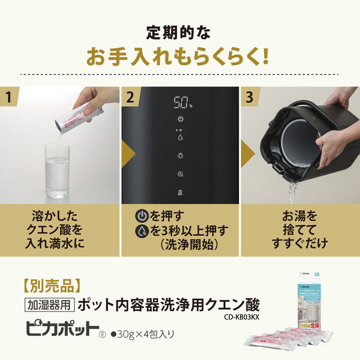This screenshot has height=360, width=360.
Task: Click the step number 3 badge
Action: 250,96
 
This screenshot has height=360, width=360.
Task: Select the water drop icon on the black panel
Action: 181,137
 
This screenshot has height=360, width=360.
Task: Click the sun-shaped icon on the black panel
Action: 181,155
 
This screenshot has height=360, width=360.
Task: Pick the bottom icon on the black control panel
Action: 181,192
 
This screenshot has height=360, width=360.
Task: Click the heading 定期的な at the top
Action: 179,30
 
